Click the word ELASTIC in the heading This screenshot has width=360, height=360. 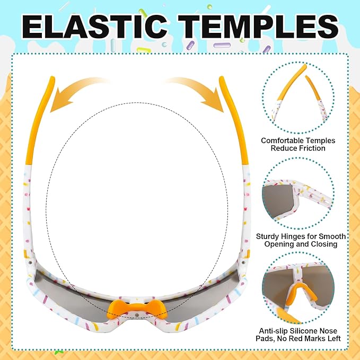[95, 27]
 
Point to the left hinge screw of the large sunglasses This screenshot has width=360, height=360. [30, 262]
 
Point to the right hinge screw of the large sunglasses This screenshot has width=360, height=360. [243, 262]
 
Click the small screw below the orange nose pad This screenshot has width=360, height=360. [137, 314]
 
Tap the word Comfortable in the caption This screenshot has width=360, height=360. [284, 141]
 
